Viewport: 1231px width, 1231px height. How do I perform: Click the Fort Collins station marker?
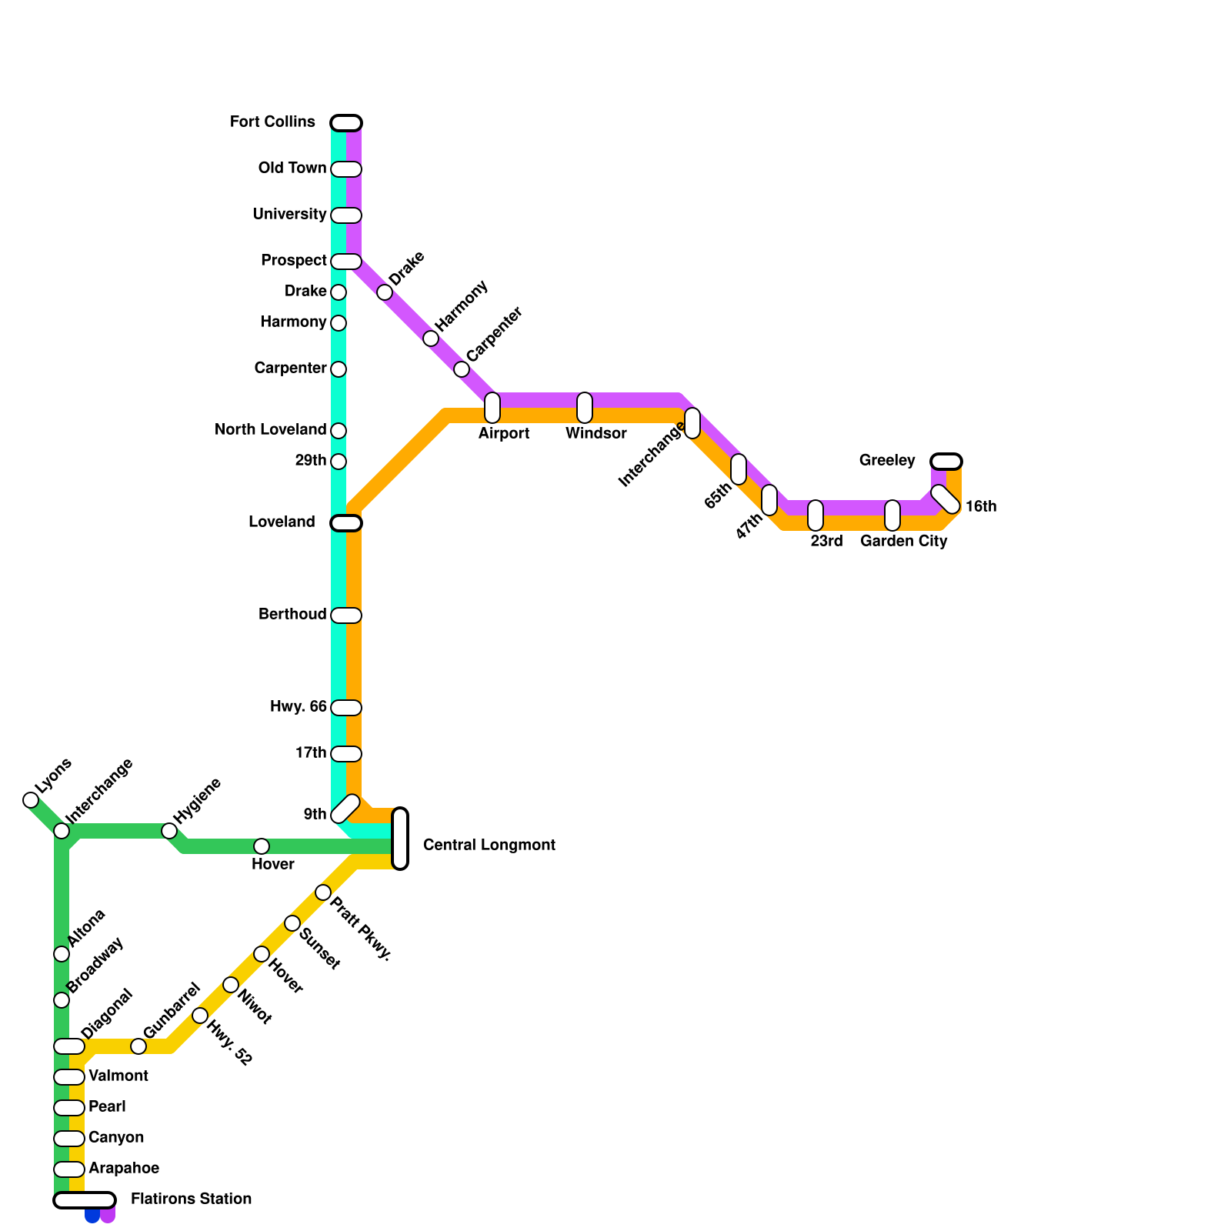(x=346, y=123)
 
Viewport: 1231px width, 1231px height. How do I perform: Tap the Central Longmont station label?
(x=489, y=845)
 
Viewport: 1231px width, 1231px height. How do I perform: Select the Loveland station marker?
(x=346, y=523)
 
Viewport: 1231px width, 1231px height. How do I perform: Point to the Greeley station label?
(x=887, y=460)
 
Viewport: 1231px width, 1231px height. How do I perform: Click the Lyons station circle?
(x=31, y=800)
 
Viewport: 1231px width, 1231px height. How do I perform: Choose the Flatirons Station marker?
(x=85, y=1200)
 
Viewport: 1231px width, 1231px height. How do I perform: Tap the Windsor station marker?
(x=585, y=408)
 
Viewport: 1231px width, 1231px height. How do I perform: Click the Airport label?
(x=503, y=433)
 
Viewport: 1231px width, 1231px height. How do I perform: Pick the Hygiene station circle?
(x=169, y=831)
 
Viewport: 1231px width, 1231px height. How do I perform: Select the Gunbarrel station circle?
(x=138, y=1046)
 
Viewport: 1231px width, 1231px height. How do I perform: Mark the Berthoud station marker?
(x=346, y=615)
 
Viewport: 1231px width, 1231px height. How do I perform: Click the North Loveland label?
(x=270, y=429)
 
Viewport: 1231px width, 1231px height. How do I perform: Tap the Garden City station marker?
(x=892, y=515)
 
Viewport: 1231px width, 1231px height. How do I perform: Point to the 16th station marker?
(x=946, y=499)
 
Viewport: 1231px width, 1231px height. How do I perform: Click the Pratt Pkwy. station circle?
(x=323, y=892)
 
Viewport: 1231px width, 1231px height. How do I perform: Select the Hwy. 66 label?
(x=298, y=706)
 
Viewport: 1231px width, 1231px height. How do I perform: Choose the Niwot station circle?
(x=231, y=985)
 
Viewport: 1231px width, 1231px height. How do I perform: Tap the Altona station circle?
(x=62, y=954)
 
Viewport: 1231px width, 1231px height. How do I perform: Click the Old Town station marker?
(x=346, y=169)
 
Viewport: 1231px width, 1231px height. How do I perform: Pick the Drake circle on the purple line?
(x=385, y=292)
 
